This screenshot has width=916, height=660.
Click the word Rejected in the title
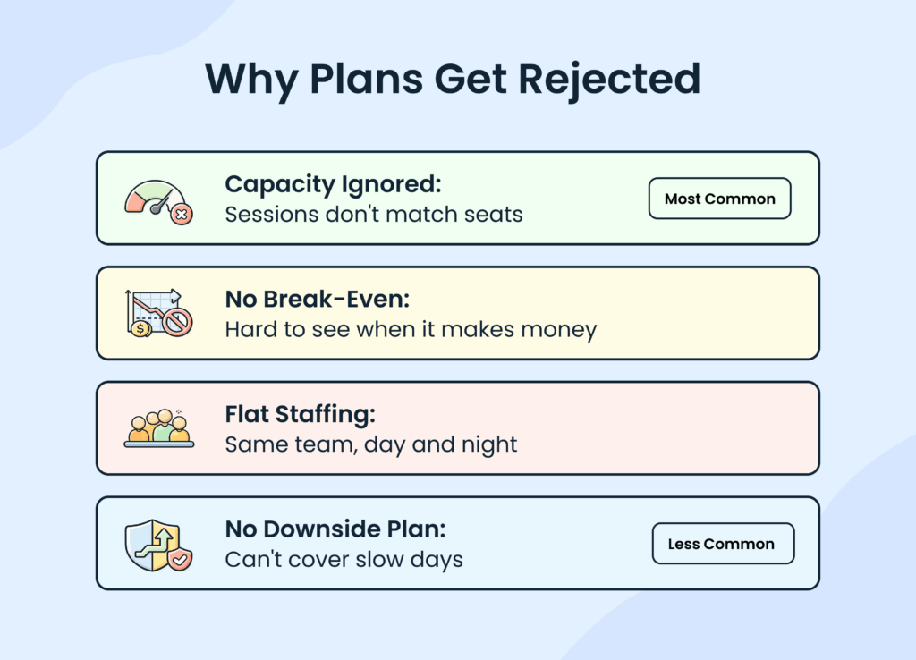tap(610, 80)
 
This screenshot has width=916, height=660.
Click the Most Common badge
tap(719, 199)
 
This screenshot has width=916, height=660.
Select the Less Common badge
tap(722, 544)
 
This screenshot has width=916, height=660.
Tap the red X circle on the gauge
tap(182, 215)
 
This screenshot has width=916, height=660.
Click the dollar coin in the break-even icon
tap(140, 328)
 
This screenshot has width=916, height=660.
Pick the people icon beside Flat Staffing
tap(158, 427)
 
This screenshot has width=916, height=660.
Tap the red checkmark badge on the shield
tap(180, 560)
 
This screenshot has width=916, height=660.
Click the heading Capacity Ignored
tap(334, 184)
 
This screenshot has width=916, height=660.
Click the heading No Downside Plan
tap(335, 529)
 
